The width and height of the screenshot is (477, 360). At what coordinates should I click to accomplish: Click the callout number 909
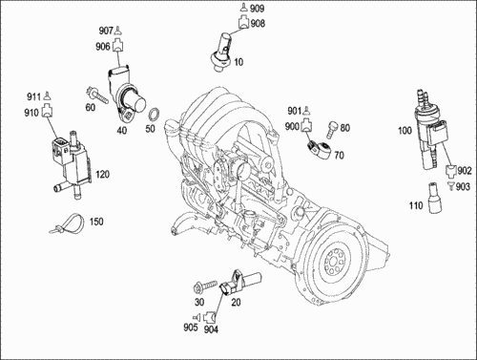257,9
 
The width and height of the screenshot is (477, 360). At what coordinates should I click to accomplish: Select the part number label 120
102,175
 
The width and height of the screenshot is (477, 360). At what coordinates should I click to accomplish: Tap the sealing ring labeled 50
155,115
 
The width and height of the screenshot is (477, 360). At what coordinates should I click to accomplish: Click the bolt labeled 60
96,95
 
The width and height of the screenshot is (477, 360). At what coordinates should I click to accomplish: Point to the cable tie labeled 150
68,223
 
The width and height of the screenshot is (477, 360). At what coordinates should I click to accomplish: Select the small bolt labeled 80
331,130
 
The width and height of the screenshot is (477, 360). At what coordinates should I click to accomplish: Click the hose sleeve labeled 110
432,198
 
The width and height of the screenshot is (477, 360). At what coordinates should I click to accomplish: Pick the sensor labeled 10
223,52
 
